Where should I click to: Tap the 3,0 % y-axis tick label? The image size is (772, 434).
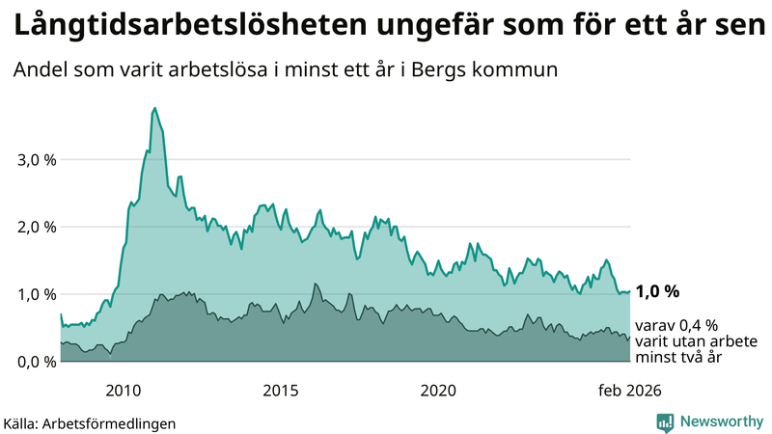(x=37, y=160)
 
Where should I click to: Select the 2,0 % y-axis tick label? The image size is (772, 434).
(x=37, y=228)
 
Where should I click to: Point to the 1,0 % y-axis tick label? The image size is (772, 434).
(x=37, y=294)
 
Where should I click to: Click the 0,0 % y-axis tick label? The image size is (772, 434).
(x=37, y=362)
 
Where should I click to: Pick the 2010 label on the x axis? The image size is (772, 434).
(x=124, y=391)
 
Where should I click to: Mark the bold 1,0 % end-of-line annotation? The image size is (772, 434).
(x=658, y=291)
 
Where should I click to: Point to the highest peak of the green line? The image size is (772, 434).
(x=154, y=109)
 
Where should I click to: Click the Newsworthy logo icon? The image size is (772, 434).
(x=665, y=421)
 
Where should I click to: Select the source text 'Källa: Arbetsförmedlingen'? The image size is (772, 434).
(x=90, y=422)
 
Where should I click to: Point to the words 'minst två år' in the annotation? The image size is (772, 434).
(x=678, y=357)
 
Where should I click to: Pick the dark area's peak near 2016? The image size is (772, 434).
(x=315, y=285)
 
